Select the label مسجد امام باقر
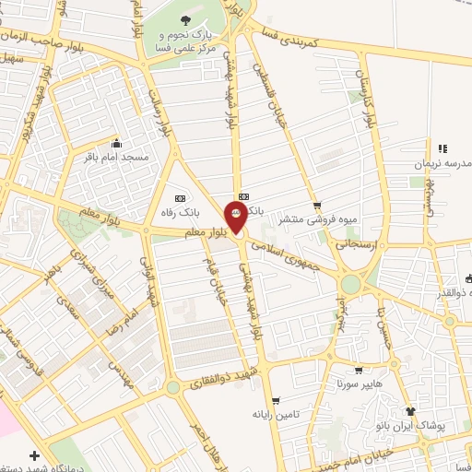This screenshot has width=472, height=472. tap(116, 158)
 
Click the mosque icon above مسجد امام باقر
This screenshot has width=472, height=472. tap(116, 144)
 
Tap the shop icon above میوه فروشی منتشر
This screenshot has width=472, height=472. tap(318, 205)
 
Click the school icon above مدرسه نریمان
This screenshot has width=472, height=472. tap(442, 148)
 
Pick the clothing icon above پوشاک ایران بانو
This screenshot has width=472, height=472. tap(411, 412)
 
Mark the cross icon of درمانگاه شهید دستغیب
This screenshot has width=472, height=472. tap(34, 456)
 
